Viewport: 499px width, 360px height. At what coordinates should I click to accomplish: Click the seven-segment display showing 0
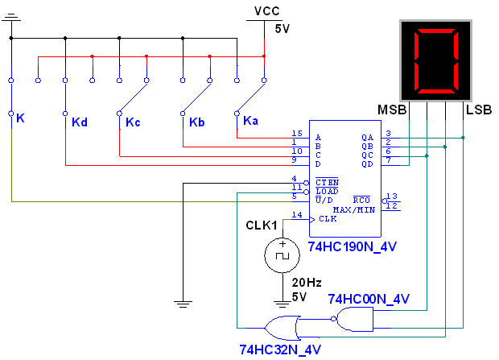[436, 60]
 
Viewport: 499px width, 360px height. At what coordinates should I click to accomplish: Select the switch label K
[20, 118]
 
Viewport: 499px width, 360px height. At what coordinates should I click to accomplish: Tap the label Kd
[79, 122]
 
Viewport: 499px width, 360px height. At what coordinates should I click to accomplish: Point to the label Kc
[133, 122]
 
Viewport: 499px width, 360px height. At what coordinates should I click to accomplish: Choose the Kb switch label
[197, 122]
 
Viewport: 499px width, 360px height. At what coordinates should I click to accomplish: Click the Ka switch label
[251, 121]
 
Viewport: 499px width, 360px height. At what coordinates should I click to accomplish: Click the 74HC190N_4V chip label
[353, 246]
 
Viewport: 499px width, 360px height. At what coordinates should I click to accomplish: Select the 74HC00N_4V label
[369, 300]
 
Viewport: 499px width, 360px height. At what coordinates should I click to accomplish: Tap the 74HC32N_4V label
[280, 350]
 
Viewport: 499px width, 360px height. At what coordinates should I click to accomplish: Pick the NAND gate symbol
[355, 320]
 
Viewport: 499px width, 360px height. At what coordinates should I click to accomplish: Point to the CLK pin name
[328, 218]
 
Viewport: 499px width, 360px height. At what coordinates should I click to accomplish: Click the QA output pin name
[367, 137]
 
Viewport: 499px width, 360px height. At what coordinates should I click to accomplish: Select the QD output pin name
[367, 163]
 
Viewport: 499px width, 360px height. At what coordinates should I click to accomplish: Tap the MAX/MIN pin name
[354, 209]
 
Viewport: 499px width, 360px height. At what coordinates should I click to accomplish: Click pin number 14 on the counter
[297, 215]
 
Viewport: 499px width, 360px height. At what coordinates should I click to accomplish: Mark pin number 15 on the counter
[297, 134]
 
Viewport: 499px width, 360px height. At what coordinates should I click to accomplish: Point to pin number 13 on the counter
[392, 196]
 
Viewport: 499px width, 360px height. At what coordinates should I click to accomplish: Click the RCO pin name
[361, 200]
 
